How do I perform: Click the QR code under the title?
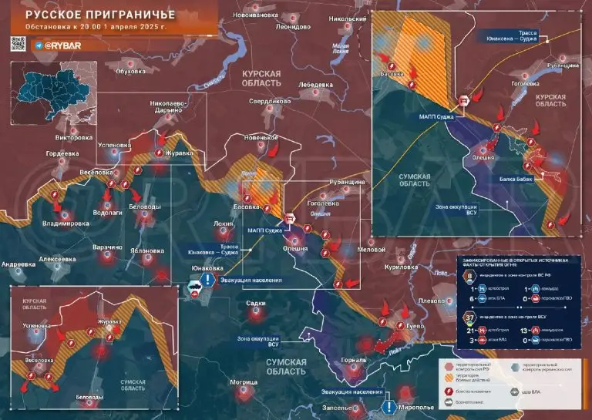coord(20,46)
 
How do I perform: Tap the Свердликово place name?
coord(270,101)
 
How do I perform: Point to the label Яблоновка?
coord(146,250)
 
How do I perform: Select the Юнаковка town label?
coord(208,268)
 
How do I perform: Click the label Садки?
coord(256,304)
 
